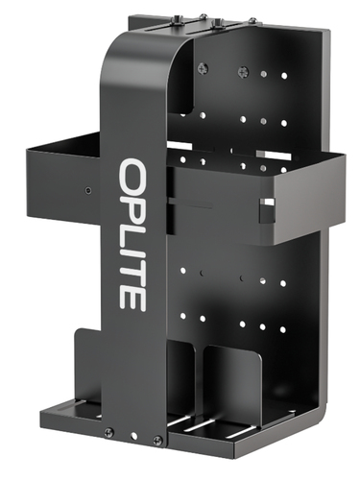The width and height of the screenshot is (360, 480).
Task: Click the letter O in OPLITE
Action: click(132, 175)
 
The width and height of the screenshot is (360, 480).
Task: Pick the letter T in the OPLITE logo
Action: click(132, 272)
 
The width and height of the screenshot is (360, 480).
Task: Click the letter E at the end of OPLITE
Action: click(132, 299)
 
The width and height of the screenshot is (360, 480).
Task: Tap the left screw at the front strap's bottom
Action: click(109, 432)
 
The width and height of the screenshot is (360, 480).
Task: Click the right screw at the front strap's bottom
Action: click(157, 440)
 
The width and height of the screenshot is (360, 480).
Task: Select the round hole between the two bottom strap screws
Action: click(134, 436)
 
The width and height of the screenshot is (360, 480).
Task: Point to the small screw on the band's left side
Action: click(88, 191)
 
